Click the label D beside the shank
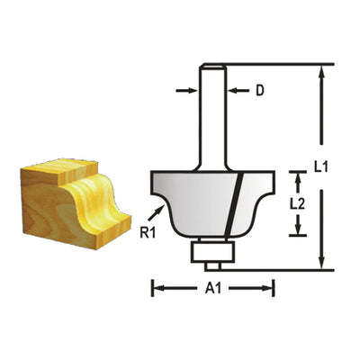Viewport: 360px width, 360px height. click(260, 91)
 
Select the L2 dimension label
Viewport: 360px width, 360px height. click(297, 204)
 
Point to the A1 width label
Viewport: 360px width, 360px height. click(213, 289)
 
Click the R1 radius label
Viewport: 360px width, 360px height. click(148, 233)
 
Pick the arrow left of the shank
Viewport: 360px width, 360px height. click(186, 91)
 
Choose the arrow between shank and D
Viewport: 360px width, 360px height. click(238, 91)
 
